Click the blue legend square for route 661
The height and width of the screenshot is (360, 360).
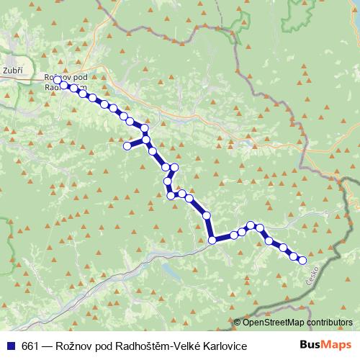11,346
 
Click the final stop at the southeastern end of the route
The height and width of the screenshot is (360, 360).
302,260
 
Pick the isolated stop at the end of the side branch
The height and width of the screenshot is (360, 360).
127,146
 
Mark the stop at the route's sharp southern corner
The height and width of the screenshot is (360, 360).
212,240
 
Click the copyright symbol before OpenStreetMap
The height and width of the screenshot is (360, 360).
236,323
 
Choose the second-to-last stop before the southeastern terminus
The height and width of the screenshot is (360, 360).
293,255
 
